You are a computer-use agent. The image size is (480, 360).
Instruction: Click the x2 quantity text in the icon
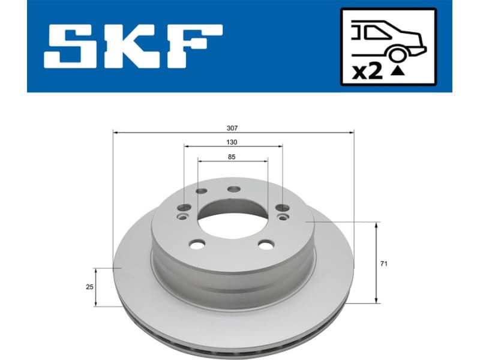point(367,72)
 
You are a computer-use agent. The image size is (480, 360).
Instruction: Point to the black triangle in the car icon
point(397,71)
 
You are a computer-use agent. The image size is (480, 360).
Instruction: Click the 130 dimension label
point(233,142)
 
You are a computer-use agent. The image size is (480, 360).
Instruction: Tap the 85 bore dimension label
point(233,157)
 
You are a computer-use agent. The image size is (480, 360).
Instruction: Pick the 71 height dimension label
point(384,263)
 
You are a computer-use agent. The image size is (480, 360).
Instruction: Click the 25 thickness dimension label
point(89,287)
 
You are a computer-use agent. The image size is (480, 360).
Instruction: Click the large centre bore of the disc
point(234,216)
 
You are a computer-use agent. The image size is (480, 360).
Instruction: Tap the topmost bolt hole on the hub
point(234,189)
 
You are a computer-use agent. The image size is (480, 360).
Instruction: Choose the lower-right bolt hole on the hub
point(265,244)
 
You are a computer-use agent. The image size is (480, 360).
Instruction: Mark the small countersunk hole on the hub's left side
point(184,217)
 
